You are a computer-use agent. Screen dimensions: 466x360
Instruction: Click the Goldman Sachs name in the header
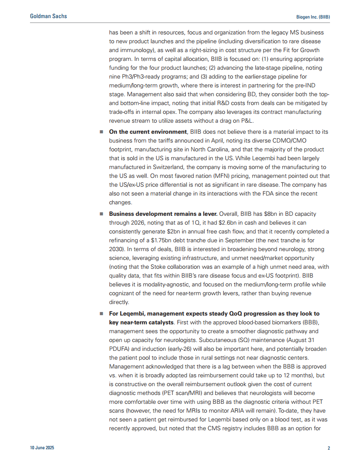coord(49,16)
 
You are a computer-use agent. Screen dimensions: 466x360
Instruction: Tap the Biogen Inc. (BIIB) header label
coord(313,16)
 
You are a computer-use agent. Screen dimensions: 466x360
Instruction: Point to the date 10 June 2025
coord(42,448)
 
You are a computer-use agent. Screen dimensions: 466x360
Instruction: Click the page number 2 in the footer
coord(329,448)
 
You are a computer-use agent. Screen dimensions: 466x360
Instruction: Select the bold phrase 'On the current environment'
coord(148,132)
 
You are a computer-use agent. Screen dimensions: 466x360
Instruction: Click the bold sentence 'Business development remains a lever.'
coord(163,214)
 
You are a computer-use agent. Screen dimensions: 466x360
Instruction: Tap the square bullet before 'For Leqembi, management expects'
coord(101,313)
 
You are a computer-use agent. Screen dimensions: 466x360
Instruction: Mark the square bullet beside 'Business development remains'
coord(101,214)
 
